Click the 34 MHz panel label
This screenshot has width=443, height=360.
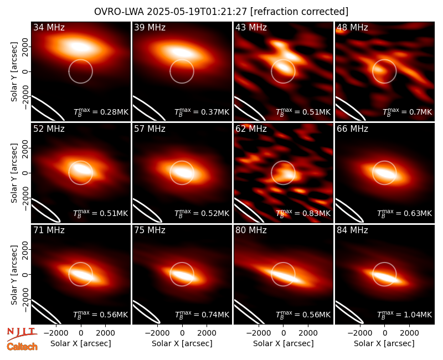[49, 27]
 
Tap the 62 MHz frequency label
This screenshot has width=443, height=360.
[251, 129]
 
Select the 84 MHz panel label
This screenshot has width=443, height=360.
[352, 230]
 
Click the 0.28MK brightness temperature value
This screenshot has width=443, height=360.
[111, 112]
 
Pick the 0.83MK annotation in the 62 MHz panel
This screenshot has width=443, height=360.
[313, 213]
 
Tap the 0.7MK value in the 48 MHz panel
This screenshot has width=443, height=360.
[418, 112]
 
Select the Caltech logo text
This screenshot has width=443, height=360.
[22, 347]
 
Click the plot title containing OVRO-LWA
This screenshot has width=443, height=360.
[221, 12]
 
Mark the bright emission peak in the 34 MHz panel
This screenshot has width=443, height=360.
[80, 47]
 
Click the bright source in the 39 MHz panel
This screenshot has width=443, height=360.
[181, 52]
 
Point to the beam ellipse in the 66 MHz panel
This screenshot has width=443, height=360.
[349, 210]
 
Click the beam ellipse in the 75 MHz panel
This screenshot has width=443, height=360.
[146, 312]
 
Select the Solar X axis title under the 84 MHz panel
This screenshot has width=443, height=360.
[384, 343]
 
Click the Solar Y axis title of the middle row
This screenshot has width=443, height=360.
[14, 173]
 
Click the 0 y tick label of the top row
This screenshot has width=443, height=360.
[25, 71]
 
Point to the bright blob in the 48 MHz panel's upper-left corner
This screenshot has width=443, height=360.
[341, 31]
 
